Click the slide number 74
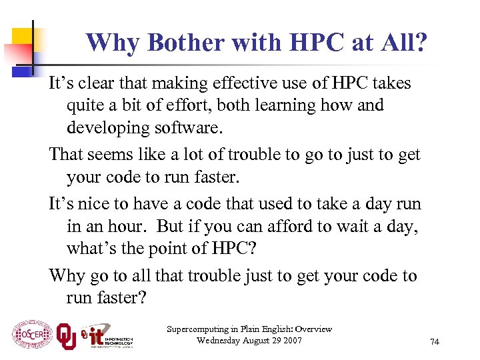click(x=435, y=342)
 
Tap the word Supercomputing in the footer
click(x=196, y=329)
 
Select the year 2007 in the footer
click(x=291, y=341)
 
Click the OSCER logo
click(x=31, y=333)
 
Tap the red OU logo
click(x=65, y=335)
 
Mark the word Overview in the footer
click(x=313, y=329)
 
